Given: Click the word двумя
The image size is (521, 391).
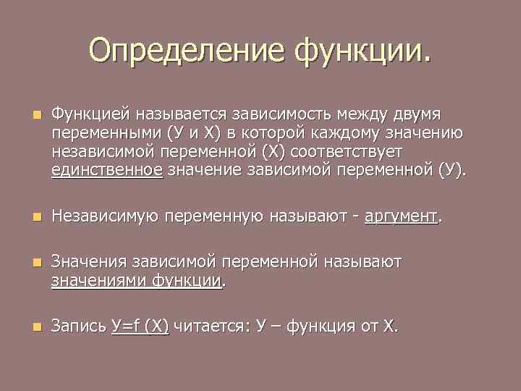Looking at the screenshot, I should tap(423, 115).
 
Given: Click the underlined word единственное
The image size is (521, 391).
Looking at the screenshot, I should tap(107, 172).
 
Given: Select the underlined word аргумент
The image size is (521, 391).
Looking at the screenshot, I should tap(401, 216).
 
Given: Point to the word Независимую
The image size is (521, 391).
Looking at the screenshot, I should tap(105, 216).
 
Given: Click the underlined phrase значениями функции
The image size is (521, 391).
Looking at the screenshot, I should tap(136, 280).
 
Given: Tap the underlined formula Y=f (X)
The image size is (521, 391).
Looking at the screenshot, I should tap(140, 327).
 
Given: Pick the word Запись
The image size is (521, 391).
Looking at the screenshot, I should tap(79, 327).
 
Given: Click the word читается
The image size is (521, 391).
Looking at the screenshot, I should tap(211, 327).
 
